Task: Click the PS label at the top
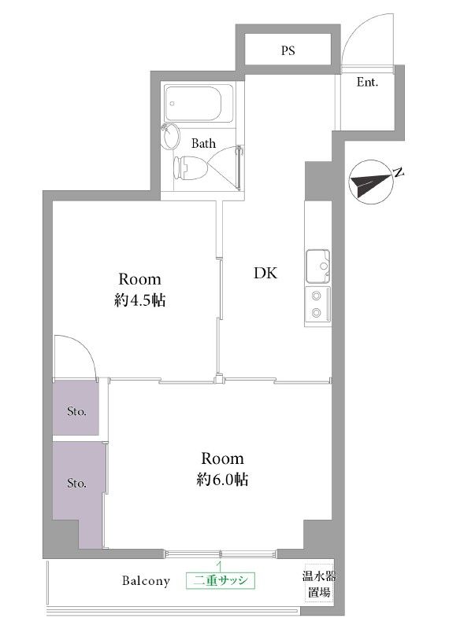[288, 50]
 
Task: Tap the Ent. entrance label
[367, 83]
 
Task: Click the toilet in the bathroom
[190, 167]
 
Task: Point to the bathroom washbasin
[171, 137]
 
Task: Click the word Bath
[203, 143]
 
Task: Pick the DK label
[265, 273]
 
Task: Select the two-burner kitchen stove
[318, 304]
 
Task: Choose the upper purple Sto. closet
[76, 407]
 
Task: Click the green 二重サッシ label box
[221, 580]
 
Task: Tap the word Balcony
[146, 581]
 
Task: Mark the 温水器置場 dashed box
[319, 584]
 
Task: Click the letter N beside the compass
[399, 173]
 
